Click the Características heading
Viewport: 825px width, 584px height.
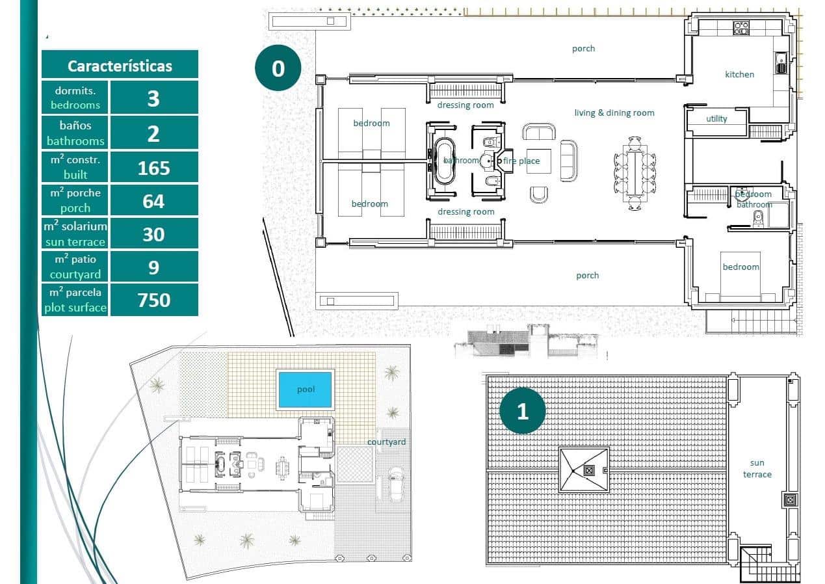click(120, 66)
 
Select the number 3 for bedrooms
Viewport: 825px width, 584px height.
click(153, 98)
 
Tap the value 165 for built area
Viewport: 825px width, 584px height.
click(153, 168)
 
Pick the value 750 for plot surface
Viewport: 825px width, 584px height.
click(153, 300)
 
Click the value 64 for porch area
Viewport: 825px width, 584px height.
click(153, 201)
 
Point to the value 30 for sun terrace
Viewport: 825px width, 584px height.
click(153, 234)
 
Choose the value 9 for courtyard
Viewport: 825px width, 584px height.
click(153, 267)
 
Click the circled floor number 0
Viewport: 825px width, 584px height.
click(278, 68)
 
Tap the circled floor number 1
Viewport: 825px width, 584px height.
click(522, 411)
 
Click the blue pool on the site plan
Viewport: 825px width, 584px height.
click(306, 390)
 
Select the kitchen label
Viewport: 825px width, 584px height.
click(739, 75)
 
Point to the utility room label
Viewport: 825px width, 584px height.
click(716, 119)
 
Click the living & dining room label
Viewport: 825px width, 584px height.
click(614, 113)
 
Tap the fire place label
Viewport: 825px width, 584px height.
click(521, 161)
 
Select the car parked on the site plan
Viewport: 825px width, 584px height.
click(395, 483)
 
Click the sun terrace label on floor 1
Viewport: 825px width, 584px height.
click(757, 468)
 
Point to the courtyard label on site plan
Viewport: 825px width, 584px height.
click(386, 442)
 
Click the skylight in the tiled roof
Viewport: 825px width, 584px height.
click(584, 470)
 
